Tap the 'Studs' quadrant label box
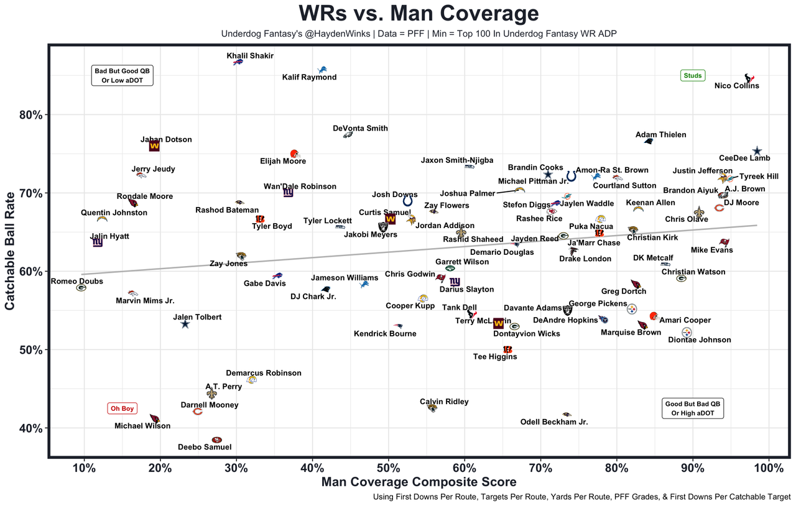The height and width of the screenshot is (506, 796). (692, 76)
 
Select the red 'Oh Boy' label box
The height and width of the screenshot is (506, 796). (123, 408)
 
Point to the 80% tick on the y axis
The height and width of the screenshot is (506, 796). (30, 115)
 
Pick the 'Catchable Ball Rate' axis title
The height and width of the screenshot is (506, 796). (11, 251)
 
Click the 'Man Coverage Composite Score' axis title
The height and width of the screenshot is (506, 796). (419, 482)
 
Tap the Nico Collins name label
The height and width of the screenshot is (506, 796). (736, 86)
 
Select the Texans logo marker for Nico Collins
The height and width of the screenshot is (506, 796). (749, 78)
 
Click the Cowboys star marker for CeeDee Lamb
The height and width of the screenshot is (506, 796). (757, 151)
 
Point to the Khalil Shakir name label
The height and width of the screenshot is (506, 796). (250, 56)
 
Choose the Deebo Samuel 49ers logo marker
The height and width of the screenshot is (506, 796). (216, 439)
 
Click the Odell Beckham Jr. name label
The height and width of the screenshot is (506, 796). (553, 422)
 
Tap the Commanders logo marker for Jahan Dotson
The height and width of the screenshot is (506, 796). (154, 146)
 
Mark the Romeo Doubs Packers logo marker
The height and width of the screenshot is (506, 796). (81, 288)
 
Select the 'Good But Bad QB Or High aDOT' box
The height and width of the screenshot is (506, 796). (693, 408)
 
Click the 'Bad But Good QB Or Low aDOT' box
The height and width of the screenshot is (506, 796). (122, 75)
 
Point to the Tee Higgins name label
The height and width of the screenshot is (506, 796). (495, 357)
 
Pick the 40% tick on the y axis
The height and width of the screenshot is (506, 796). (30, 428)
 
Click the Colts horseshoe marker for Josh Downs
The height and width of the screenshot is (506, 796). (407, 201)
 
